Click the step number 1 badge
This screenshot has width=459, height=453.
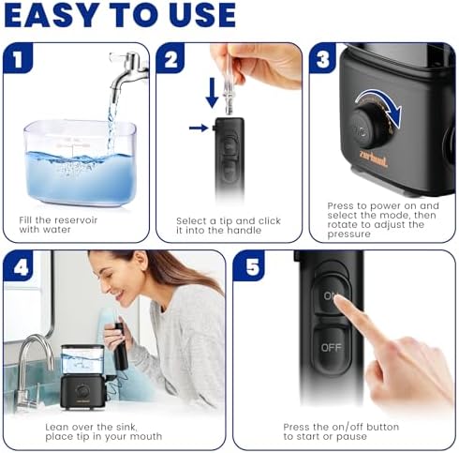pos(18,58)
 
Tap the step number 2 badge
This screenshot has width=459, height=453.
pos(170,58)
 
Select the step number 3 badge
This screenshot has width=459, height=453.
pos(323,58)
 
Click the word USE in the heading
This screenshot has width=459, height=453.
pos(202,15)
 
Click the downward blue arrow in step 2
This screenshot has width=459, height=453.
pos(213,93)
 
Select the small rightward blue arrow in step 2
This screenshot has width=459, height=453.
pos(199,128)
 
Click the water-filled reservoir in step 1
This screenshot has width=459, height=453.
pos(81,163)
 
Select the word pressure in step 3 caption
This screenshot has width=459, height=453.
pos(349,234)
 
